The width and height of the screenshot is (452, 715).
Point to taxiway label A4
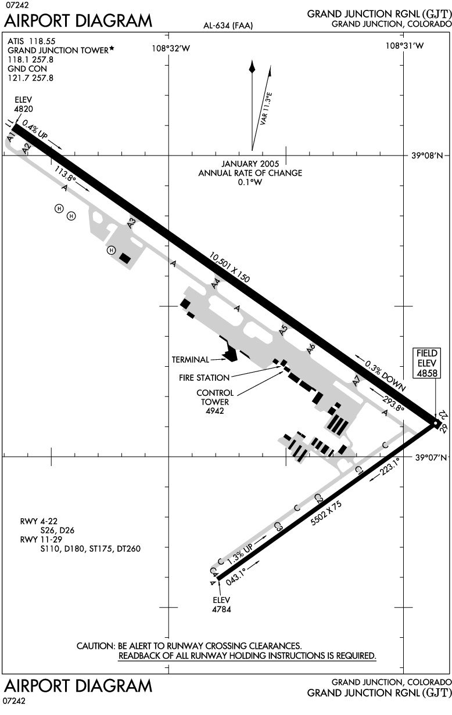pyautogui.click(x=216, y=284)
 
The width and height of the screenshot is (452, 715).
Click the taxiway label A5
pyautogui.click(x=284, y=330)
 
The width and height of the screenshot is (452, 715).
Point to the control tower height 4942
pyautogui.click(x=214, y=411)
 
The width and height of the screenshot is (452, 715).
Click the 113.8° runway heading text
pyautogui.click(x=66, y=174)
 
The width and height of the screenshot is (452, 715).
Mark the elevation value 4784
pyautogui.click(x=222, y=609)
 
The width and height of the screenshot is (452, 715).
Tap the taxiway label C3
pyautogui.click(x=278, y=527)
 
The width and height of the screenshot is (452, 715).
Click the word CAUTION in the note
pyautogui.click(x=95, y=646)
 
